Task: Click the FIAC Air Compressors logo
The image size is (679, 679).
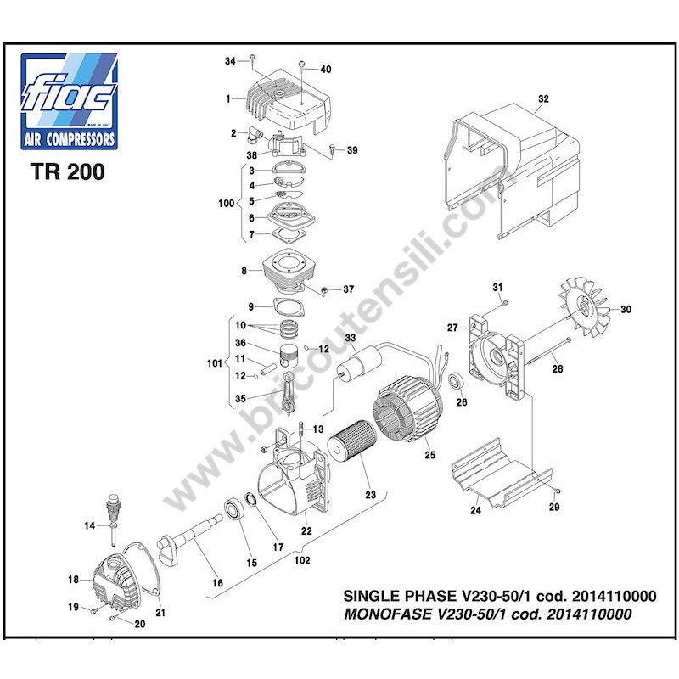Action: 70,101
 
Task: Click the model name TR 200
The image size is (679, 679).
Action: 68,171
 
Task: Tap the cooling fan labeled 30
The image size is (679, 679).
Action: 584,307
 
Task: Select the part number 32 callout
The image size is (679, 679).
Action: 543,98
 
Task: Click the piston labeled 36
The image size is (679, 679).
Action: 289,355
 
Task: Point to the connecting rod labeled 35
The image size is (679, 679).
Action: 289,391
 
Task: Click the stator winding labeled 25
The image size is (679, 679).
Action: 407,408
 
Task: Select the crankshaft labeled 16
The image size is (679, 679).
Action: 189,539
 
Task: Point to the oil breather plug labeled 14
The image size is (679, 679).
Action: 113,519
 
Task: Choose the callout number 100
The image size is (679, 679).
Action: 226,203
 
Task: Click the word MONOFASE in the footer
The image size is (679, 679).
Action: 388,614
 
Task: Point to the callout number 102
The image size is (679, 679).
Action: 302,560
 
